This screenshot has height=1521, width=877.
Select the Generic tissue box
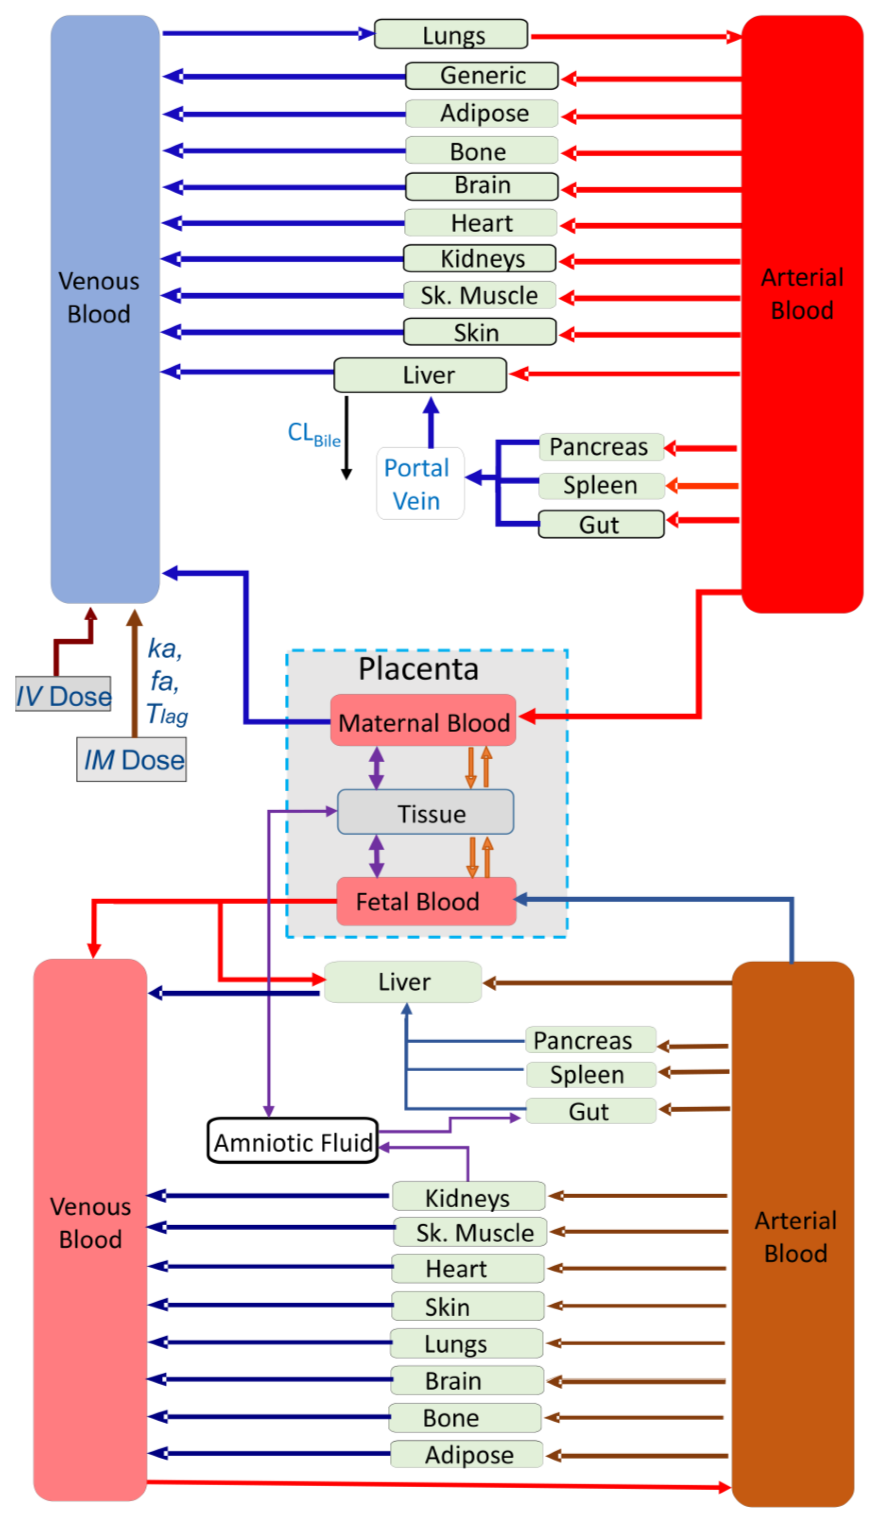coord(482,76)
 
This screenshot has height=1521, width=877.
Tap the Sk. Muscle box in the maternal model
coord(479,296)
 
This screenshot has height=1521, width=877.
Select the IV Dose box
coord(63,695)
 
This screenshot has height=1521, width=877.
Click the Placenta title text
coord(419,669)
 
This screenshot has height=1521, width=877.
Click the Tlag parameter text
coord(167,715)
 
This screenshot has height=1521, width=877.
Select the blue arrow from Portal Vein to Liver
coord(431,423)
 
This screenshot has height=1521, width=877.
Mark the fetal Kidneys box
coord(468,1197)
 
